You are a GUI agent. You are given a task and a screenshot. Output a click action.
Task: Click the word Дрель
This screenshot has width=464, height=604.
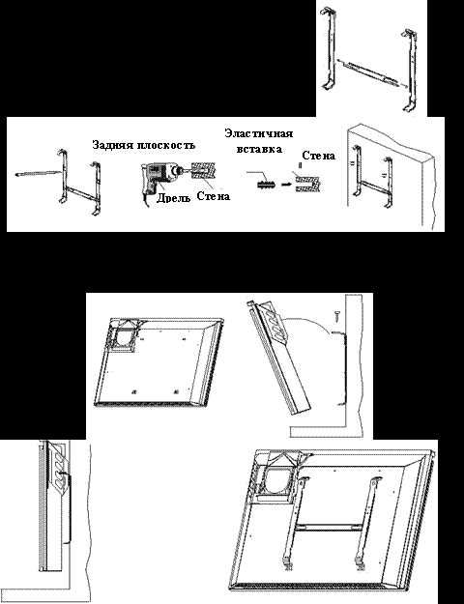point(173,198)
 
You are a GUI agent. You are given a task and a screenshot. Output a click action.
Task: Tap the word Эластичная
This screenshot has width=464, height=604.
point(259,133)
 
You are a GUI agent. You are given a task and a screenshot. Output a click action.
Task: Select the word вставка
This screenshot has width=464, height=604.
point(259,149)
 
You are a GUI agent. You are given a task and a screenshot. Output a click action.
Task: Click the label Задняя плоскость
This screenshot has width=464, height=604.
point(144,145)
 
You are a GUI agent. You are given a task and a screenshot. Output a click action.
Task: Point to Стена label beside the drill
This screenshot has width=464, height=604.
point(214,196)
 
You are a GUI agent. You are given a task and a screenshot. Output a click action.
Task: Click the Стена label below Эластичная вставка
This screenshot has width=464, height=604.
point(318,156)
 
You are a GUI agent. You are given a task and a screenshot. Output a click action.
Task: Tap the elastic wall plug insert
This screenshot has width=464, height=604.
point(266,185)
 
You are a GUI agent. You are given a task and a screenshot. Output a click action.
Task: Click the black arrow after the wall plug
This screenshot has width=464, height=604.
point(286,185)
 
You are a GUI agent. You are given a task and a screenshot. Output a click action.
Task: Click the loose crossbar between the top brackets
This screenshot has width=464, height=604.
point(369,72)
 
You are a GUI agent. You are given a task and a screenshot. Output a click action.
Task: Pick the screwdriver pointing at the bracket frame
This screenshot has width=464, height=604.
point(39,173)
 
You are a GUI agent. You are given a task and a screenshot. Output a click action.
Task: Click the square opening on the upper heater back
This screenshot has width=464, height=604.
point(125,336)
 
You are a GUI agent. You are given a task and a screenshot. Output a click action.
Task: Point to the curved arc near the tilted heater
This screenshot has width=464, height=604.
point(308,322)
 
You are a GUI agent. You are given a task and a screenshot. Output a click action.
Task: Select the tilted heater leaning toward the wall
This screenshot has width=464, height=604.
point(279,357)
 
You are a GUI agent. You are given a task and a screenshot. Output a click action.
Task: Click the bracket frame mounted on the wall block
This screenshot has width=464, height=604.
point(373,177)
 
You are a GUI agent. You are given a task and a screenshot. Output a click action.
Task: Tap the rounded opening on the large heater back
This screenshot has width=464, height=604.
point(278,481)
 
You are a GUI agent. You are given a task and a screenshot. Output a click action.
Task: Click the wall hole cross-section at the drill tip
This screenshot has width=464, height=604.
point(203,171)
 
